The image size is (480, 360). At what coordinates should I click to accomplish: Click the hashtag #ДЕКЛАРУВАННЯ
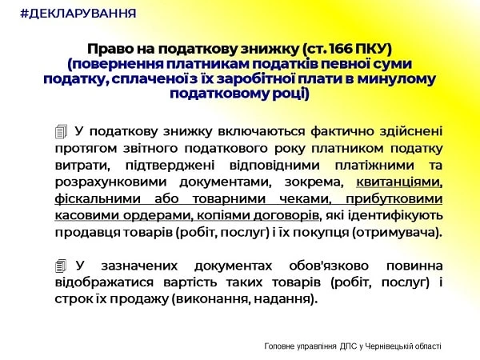coord(78,14)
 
